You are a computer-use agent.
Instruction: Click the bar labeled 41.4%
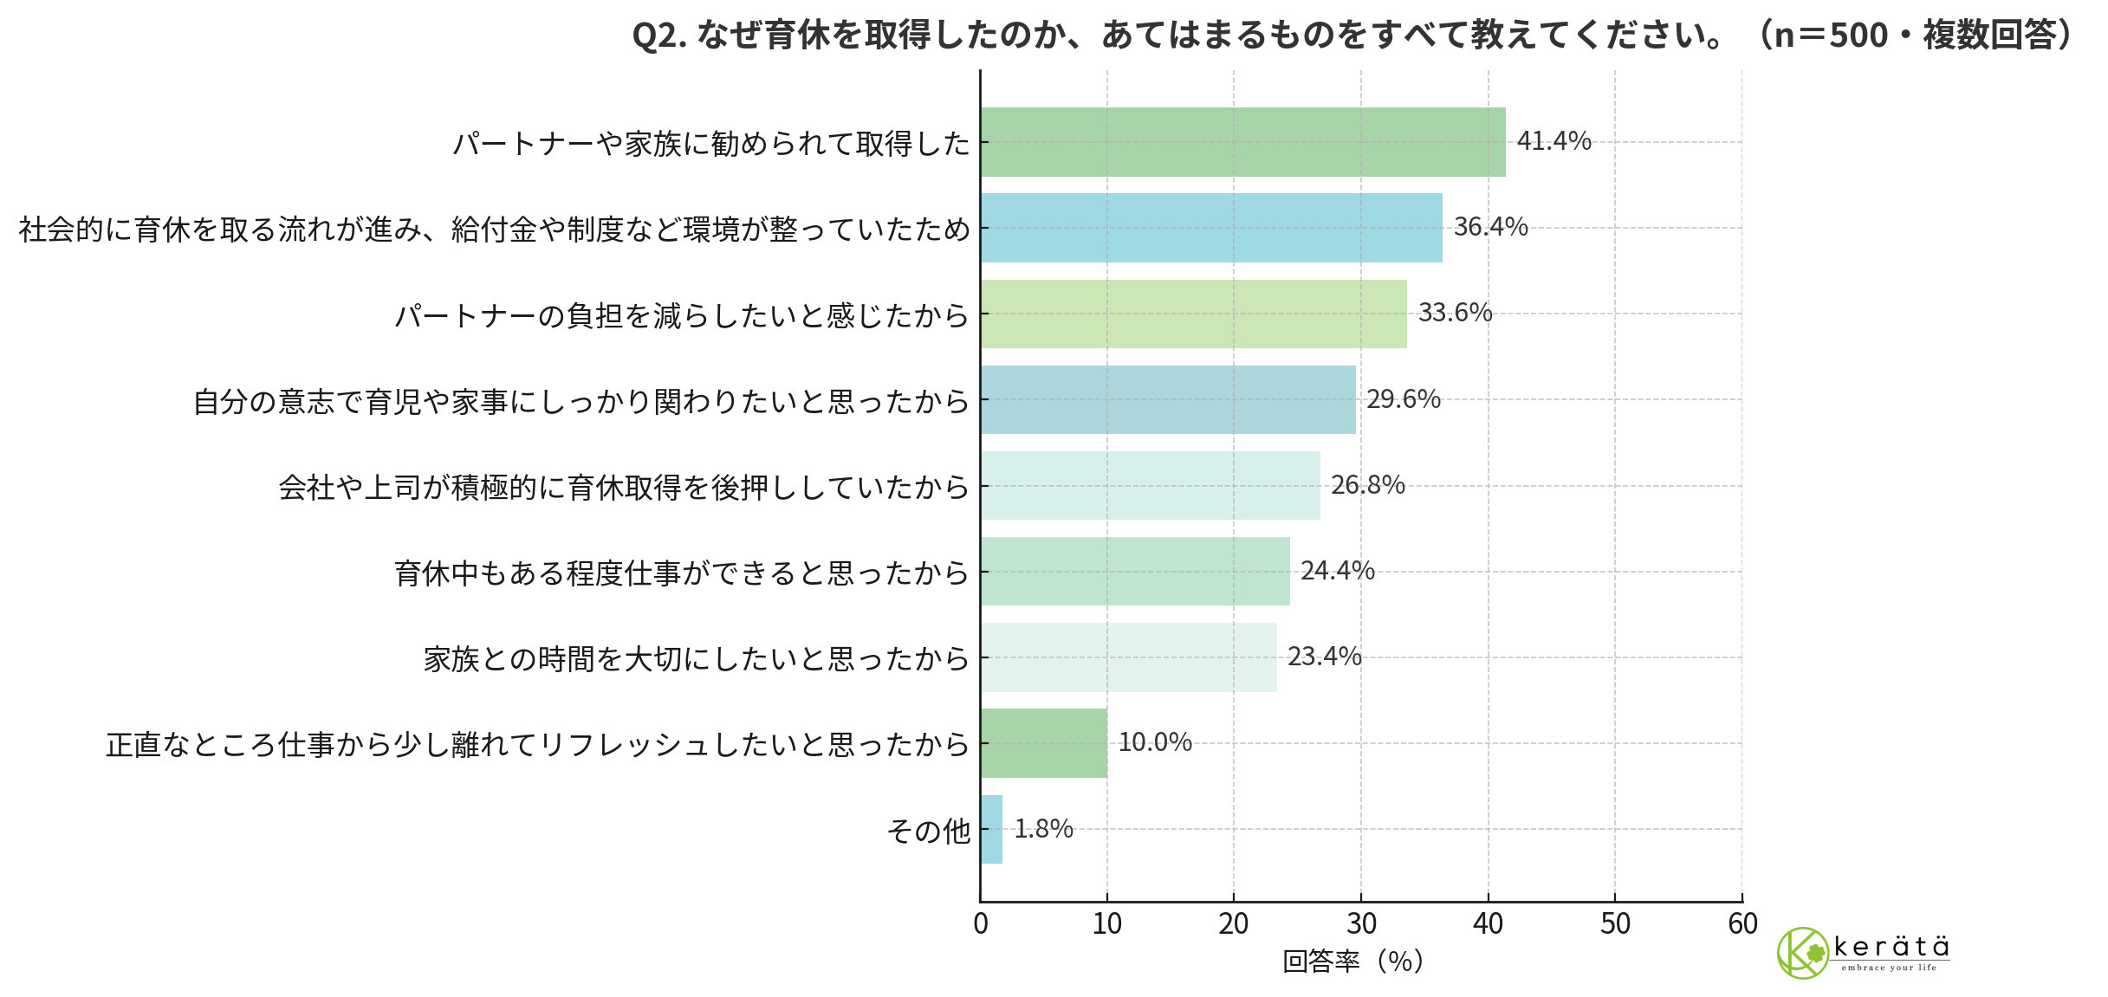click(1242, 142)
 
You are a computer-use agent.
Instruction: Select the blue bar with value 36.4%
click(1211, 228)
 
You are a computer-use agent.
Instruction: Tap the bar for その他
click(992, 829)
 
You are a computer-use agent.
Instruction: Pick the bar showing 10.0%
click(1044, 743)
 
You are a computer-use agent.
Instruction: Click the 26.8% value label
click(1367, 485)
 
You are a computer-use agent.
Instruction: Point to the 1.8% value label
click(1043, 829)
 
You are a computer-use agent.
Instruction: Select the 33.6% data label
click(1455, 313)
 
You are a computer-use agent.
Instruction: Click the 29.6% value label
click(1404, 399)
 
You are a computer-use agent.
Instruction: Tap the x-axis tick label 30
click(1361, 924)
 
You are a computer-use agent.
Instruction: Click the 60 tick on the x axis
click(1742, 924)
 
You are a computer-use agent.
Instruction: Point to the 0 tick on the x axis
click(981, 924)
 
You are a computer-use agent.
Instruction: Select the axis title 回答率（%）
click(1352, 961)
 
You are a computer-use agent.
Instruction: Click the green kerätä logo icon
click(1802, 953)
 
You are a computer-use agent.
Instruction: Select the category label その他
click(928, 831)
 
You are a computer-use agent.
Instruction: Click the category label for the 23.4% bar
click(696, 659)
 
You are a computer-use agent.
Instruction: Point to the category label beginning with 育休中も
click(681, 573)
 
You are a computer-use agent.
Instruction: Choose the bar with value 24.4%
click(1135, 571)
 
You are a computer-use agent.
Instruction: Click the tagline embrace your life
click(1889, 968)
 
